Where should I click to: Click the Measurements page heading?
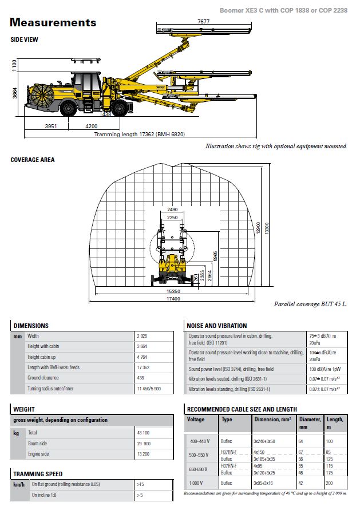click(x=53, y=23)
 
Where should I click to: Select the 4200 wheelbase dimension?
click(x=91, y=125)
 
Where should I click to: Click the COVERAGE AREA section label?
click(x=33, y=160)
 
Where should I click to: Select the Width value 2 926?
click(x=143, y=336)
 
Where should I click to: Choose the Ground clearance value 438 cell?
click(x=141, y=378)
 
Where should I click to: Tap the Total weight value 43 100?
click(x=143, y=433)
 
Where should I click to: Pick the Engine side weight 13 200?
click(x=143, y=454)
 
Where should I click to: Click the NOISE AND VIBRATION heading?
click(x=217, y=326)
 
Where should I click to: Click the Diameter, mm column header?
click(x=310, y=422)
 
